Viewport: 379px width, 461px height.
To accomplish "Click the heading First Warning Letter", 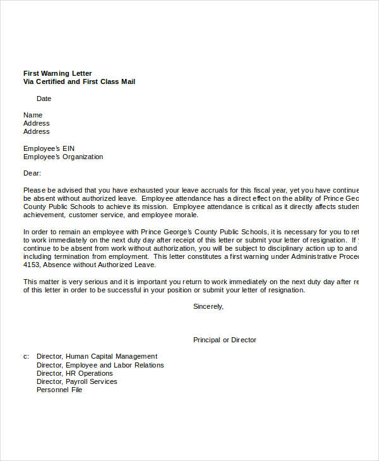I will pyautogui.click(x=57, y=74).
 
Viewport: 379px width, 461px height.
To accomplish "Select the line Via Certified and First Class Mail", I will pyautogui.click(x=79, y=82).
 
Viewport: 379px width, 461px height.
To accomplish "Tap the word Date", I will pyautogui.click(x=44, y=99).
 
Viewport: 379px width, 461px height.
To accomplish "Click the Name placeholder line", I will pyautogui.click(x=33, y=115).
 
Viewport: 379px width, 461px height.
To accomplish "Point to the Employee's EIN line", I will pyautogui.click(x=49, y=148).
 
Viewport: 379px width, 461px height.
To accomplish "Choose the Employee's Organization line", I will pyautogui.click(x=63, y=157).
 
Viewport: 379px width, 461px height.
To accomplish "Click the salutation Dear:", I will pyautogui.click(x=32, y=173).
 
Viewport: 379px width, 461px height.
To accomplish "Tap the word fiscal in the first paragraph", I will pyautogui.click(x=265, y=189).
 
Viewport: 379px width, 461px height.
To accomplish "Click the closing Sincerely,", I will pyautogui.click(x=208, y=306).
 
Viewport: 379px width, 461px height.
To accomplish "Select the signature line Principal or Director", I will pyautogui.click(x=224, y=340).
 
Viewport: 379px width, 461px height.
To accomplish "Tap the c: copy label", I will pyautogui.click(x=27, y=356).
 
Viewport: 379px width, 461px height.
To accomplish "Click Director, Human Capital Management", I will pyautogui.click(x=97, y=356).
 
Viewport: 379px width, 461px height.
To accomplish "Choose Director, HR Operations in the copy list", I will pyautogui.click(x=75, y=373).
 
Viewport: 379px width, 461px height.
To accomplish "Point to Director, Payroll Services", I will pyautogui.click(x=76, y=381).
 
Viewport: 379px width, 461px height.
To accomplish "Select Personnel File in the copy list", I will pyautogui.click(x=59, y=390).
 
